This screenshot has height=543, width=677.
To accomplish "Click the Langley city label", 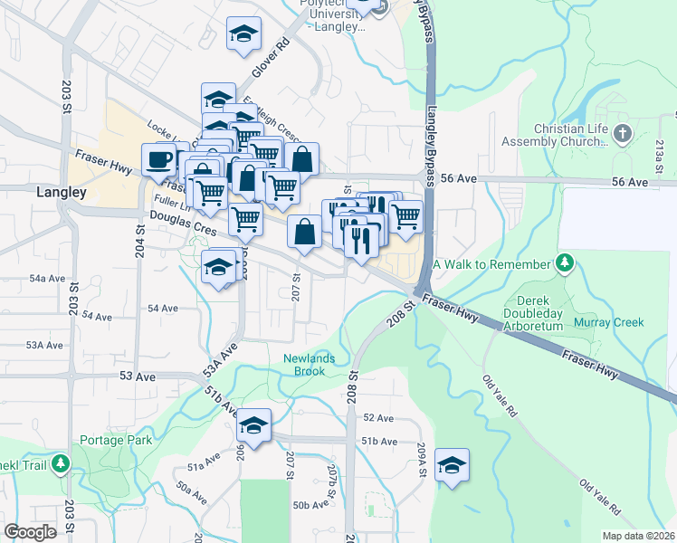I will click(x=62, y=192).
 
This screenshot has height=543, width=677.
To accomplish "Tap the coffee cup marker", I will click(x=159, y=161).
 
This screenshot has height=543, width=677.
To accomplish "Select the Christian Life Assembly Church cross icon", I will click(x=621, y=135).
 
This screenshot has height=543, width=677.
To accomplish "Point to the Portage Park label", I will click(x=116, y=440).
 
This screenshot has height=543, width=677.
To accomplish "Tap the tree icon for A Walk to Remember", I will click(x=566, y=263).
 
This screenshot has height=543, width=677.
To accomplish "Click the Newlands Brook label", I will click(x=309, y=365).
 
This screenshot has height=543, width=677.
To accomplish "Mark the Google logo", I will click(x=30, y=532).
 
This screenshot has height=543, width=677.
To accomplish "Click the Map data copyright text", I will click(x=637, y=536).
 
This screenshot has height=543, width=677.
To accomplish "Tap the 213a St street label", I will click(x=660, y=158).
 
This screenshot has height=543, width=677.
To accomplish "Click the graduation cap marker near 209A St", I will click(x=452, y=466).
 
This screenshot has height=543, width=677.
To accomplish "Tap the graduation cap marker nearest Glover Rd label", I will click(x=243, y=34).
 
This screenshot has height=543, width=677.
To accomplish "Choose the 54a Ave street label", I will click(x=47, y=279).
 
